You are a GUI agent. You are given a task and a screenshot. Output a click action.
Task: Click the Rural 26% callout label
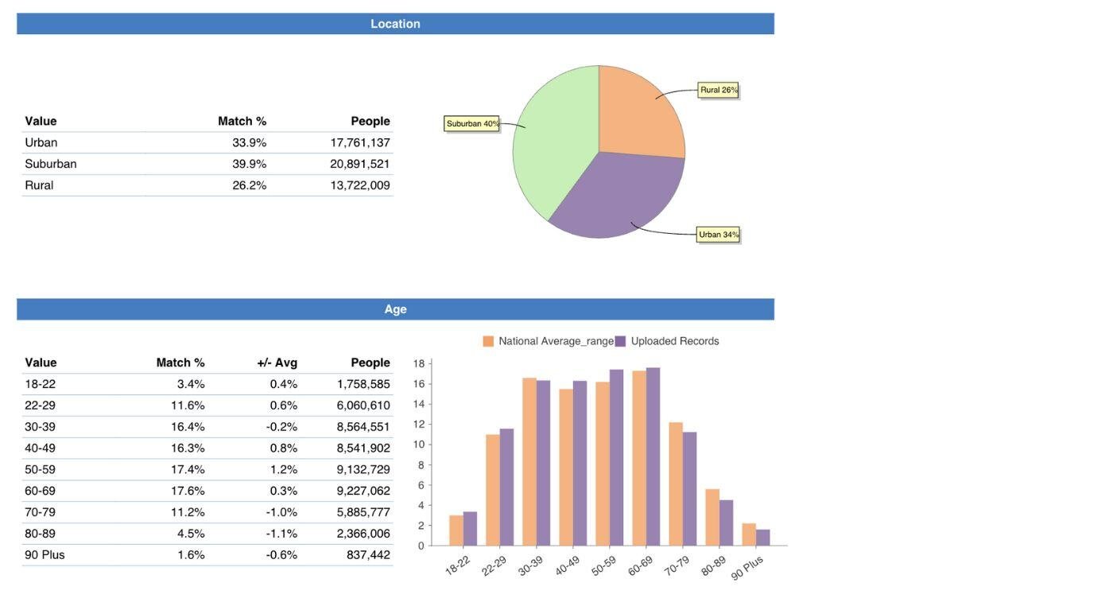click(x=719, y=90)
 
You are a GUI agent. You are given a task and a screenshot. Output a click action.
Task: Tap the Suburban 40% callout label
click(x=472, y=123)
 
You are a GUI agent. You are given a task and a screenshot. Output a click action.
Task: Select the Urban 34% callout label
click(x=719, y=235)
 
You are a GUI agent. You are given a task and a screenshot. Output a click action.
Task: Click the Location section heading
click(x=395, y=24)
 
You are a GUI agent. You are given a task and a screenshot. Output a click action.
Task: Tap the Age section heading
click(x=395, y=309)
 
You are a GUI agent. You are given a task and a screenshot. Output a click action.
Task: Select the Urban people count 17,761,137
click(x=360, y=142)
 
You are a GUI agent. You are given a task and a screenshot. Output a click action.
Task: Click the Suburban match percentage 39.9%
click(x=250, y=164)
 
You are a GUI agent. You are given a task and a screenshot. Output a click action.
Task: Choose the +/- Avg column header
click(x=277, y=363)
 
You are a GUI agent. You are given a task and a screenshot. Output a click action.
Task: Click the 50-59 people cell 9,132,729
click(x=363, y=469)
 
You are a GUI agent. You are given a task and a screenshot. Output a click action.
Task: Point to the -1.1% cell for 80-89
click(x=282, y=534)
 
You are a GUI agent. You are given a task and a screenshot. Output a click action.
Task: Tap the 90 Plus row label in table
click(x=45, y=555)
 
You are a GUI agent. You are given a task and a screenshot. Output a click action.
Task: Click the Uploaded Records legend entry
click(x=668, y=341)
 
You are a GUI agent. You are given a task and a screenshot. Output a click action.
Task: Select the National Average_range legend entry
click(x=549, y=341)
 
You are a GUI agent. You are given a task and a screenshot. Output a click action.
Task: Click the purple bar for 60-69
click(x=653, y=457)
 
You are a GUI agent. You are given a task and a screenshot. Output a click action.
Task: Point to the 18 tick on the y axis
click(x=419, y=363)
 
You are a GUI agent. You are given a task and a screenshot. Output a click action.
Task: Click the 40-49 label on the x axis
click(x=567, y=565)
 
